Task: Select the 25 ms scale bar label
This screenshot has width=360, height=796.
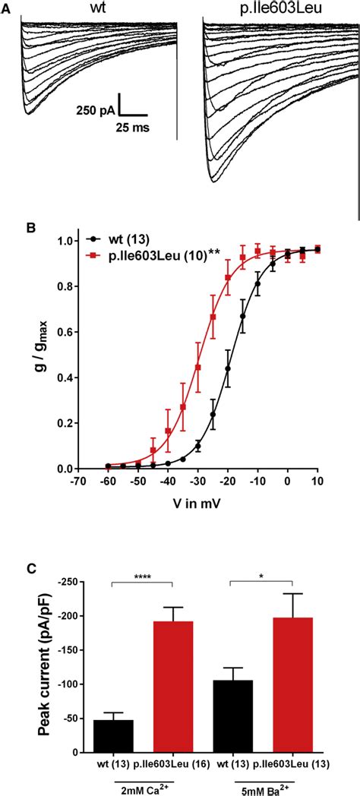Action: tap(132, 129)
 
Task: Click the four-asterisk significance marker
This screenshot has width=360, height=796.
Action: tap(143, 578)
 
